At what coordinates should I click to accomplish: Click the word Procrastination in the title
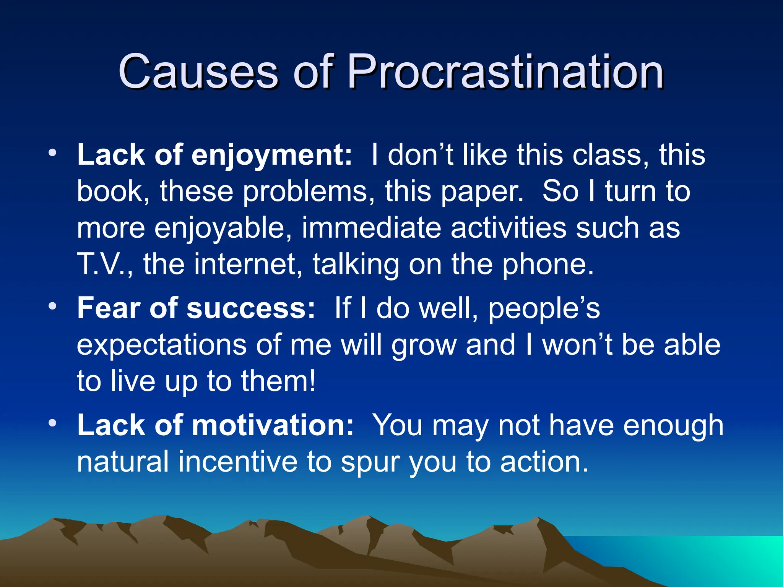505,72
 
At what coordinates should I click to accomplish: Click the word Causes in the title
198,72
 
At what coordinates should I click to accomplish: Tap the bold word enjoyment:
271,156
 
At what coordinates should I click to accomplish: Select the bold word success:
251,308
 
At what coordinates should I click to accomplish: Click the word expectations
161,345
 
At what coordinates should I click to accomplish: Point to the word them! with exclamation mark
278,381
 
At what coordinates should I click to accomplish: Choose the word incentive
238,462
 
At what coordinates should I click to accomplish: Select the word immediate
371,228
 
